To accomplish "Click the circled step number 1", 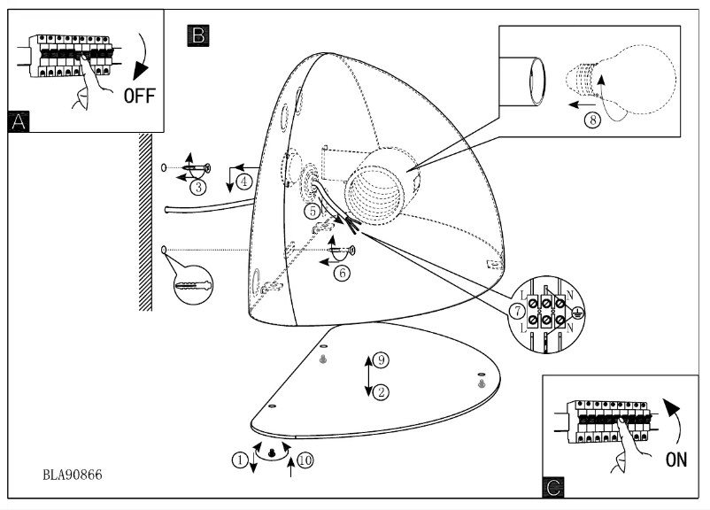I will [x=238, y=459].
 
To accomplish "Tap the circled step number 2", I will [x=381, y=391].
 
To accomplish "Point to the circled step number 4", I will [x=243, y=182].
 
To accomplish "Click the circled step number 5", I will [x=313, y=211].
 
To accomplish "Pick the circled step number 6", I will [x=343, y=273].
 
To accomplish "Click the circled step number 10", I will [x=305, y=460].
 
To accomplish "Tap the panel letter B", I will [x=197, y=35].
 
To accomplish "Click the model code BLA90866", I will [x=73, y=475].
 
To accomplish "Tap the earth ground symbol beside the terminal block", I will [x=576, y=312].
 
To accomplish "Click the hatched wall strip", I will [x=144, y=221].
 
